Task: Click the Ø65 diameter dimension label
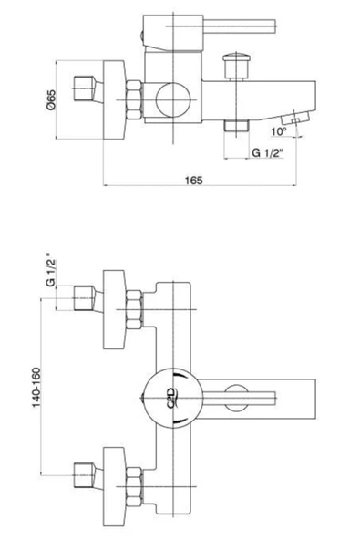(x=51, y=100)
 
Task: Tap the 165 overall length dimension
(x=194, y=180)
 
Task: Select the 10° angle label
(x=279, y=131)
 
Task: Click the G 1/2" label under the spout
(x=267, y=152)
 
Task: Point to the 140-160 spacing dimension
(x=36, y=388)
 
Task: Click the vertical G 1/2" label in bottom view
(x=51, y=270)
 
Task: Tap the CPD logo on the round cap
(x=171, y=398)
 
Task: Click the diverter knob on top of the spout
(x=236, y=66)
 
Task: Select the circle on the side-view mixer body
(x=173, y=99)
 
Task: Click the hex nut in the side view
(x=134, y=99)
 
